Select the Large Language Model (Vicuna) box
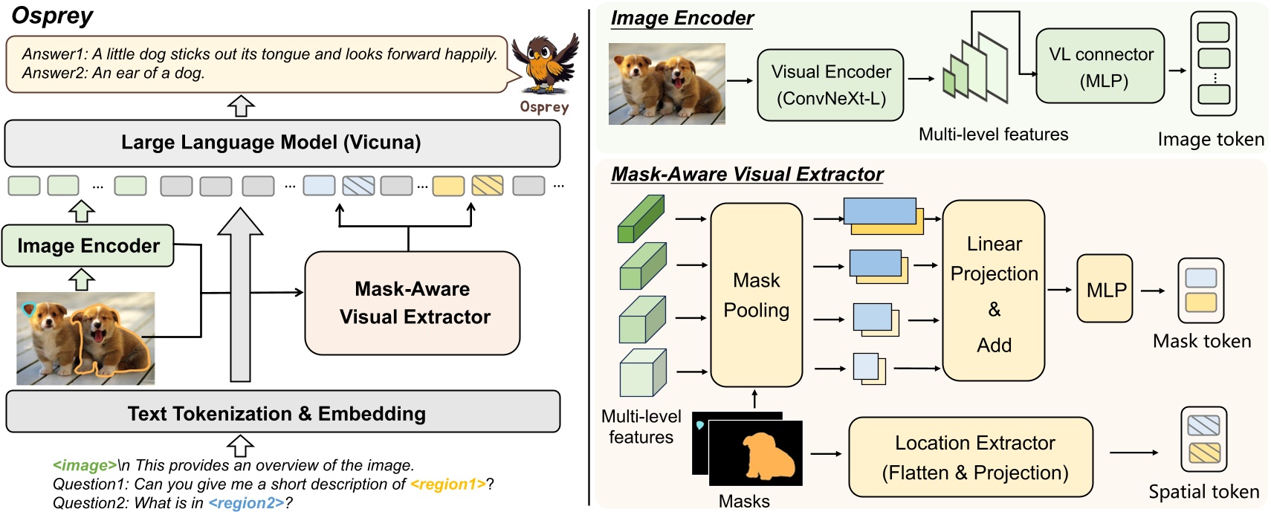point(282,143)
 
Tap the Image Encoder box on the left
point(88,246)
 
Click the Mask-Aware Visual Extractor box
point(413,302)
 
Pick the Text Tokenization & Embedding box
point(282,412)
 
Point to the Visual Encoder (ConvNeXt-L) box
point(830,85)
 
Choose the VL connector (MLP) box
point(1100,67)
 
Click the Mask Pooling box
point(756,295)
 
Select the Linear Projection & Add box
point(993,291)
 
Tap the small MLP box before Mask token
point(1105,289)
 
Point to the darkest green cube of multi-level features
point(640,218)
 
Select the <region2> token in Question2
point(246,503)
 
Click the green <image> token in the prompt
point(84,466)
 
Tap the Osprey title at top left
point(52,16)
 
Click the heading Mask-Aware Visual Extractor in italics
point(746,175)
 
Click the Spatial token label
point(1203,492)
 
